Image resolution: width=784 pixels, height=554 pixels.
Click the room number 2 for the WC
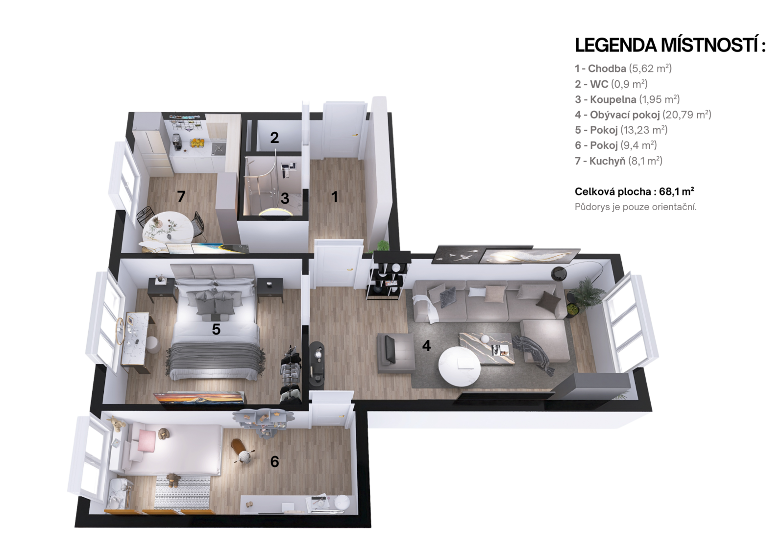click(x=274, y=138)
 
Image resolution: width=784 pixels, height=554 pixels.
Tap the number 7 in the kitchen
click(x=181, y=196)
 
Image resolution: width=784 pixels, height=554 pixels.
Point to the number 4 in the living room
click(x=426, y=346)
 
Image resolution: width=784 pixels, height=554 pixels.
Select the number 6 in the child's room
click(x=275, y=461)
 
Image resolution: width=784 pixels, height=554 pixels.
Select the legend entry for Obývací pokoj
click(x=643, y=115)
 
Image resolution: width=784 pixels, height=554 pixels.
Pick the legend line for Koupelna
click(x=627, y=99)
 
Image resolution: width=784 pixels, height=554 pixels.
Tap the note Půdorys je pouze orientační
click(x=636, y=207)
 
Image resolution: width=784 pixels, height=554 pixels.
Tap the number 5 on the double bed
click(x=216, y=329)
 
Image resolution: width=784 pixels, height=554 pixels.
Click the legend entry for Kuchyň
click(x=618, y=161)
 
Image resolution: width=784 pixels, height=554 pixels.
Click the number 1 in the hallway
click(x=335, y=197)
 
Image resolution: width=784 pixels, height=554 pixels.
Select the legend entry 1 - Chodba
click(x=623, y=68)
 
